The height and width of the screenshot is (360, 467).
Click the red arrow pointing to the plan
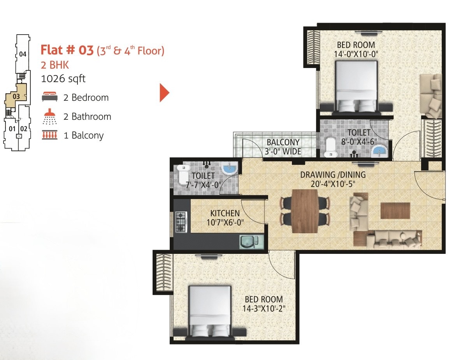point(164,93)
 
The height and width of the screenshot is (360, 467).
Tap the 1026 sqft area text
point(63,79)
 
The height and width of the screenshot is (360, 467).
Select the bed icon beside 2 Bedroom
point(50,97)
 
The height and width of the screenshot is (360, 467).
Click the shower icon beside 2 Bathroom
point(50,117)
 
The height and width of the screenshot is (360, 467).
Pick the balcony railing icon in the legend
point(50,135)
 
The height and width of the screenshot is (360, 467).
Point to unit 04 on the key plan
point(23,54)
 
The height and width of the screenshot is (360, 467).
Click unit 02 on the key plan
point(24,129)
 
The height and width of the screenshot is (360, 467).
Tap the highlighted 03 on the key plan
point(16,96)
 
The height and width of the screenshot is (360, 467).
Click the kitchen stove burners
point(181,222)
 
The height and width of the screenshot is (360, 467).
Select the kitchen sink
point(251,242)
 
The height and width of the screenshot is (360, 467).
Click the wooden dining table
point(305,211)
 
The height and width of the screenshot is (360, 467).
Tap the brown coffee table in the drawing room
point(395,210)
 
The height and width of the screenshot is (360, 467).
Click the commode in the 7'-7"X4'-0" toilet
point(183,175)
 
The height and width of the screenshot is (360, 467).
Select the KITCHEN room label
point(225,213)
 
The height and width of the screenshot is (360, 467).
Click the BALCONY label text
point(283,142)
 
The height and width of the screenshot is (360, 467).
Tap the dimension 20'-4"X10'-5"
point(333,184)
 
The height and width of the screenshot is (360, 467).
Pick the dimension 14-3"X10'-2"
point(264,309)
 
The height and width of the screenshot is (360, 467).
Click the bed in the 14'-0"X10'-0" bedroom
point(356,87)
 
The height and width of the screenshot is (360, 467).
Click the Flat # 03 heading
point(67,50)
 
